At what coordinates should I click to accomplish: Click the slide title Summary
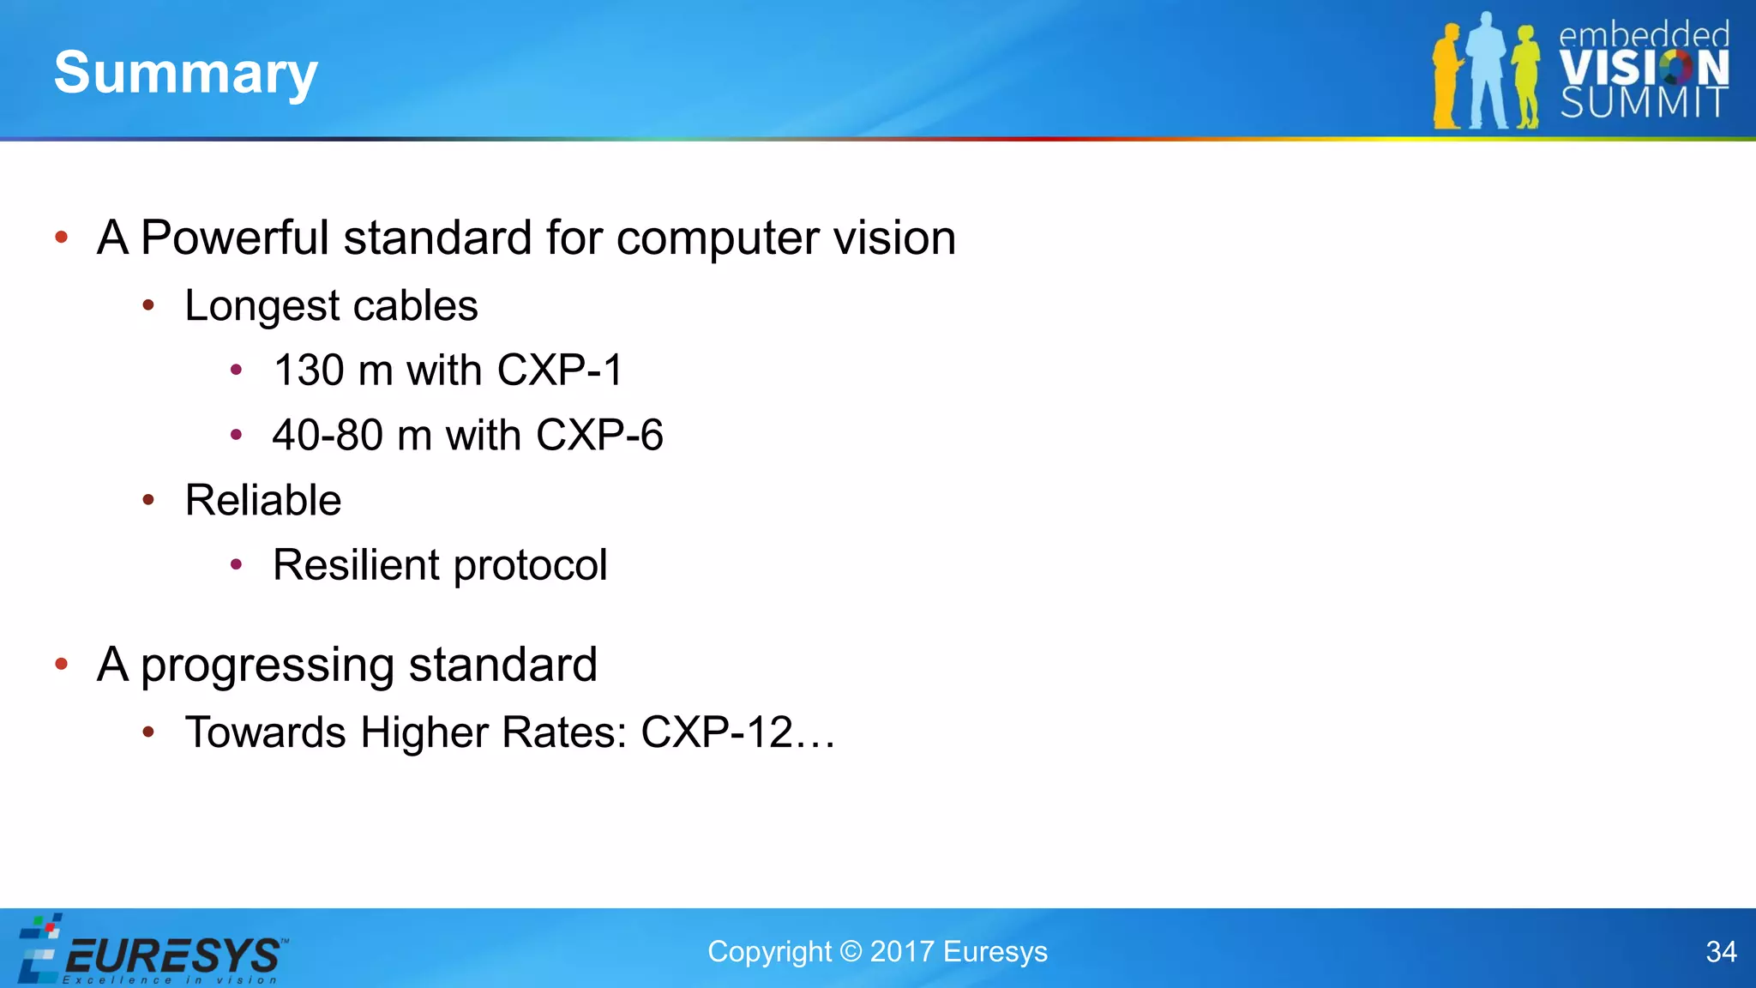pos(185,74)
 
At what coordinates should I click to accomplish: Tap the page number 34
pos(1721,952)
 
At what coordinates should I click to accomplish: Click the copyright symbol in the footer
pos(851,952)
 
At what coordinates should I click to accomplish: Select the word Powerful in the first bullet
pos(234,238)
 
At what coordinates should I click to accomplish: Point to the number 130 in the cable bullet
pos(309,370)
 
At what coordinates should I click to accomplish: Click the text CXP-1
pos(560,370)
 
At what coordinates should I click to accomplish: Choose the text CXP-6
pos(599,436)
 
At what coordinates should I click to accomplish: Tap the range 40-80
pos(328,436)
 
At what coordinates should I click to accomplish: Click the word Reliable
pos(263,501)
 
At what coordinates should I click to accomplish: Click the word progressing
pos(267,666)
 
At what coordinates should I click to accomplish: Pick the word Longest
pos(262,307)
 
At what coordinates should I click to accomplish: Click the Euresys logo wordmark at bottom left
pos(171,955)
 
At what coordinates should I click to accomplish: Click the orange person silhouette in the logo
pos(1448,77)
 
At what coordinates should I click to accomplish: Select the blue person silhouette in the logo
pos(1487,73)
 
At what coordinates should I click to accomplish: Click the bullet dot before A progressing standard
pos(61,664)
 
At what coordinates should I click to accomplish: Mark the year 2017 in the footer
pos(901,952)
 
